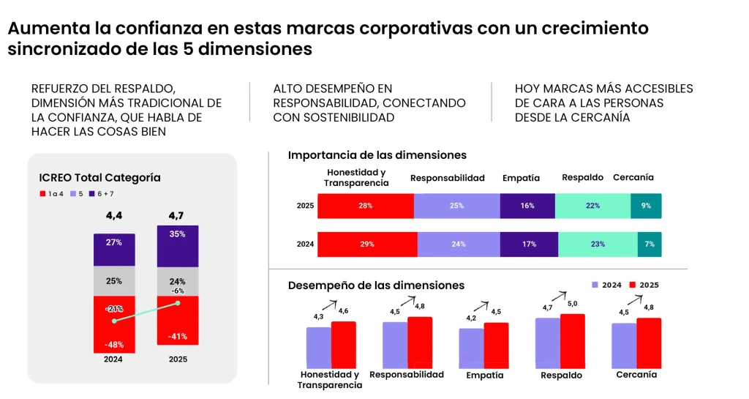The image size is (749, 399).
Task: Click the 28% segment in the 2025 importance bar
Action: pyautogui.click(x=366, y=206)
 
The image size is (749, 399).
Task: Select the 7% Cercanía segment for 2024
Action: pyautogui.click(x=649, y=244)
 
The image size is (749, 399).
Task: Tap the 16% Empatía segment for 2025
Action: pyautogui.click(x=527, y=206)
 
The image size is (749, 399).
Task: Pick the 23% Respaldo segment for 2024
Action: pyautogui.click(x=598, y=244)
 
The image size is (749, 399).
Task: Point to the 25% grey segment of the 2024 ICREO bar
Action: pyautogui.click(x=113, y=281)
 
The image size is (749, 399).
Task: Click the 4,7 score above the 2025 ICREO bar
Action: pyautogui.click(x=178, y=216)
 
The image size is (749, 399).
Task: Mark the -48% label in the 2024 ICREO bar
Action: pyautogui.click(x=113, y=344)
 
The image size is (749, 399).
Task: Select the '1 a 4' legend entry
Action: pyautogui.click(x=53, y=193)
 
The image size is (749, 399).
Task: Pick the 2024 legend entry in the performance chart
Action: pyautogui.click(x=606, y=285)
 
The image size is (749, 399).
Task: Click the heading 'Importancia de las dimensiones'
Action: pyautogui.click(x=377, y=155)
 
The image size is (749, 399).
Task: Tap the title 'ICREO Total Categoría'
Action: pyautogui.click(x=99, y=178)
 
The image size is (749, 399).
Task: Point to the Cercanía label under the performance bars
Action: pyautogui.click(x=636, y=374)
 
